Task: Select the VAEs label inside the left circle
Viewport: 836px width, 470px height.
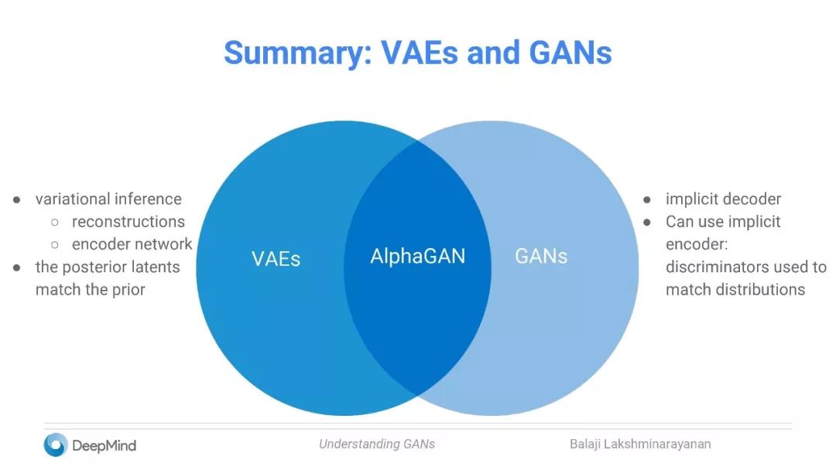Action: click(276, 258)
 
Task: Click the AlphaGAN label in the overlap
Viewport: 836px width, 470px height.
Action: click(418, 256)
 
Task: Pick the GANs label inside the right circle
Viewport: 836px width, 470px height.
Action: click(541, 256)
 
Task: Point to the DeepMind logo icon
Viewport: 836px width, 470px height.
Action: click(56, 444)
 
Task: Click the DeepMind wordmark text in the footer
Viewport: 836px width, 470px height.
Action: click(104, 445)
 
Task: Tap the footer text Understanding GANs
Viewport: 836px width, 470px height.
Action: click(377, 444)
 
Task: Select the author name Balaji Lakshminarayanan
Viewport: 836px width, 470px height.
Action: click(640, 444)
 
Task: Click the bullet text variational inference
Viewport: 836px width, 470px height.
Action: click(108, 199)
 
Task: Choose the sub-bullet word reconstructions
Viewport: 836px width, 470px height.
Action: click(128, 222)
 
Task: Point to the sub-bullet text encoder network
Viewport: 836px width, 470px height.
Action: click(132, 244)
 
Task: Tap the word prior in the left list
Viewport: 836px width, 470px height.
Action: click(128, 290)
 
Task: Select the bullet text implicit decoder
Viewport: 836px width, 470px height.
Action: click(723, 199)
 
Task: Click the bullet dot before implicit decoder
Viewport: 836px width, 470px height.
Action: click(648, 199)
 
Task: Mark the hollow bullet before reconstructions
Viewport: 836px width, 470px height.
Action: click(55, 223)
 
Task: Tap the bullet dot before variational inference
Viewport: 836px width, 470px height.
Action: click(17, 199)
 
